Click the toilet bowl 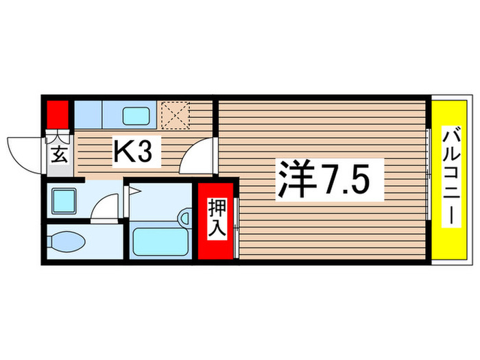coord(67,242)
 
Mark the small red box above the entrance coord(57,112)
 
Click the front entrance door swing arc coord(24,149)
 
